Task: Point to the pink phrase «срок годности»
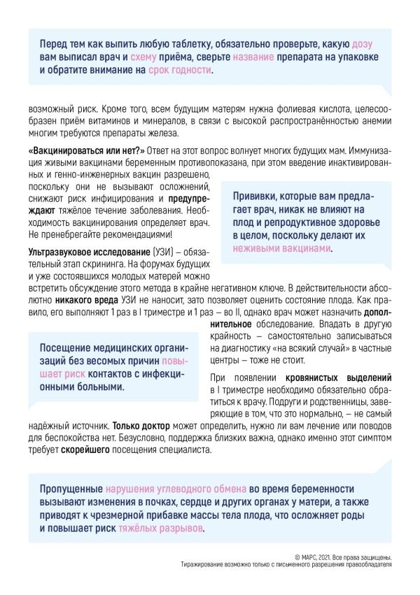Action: (x=178, y=71)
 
